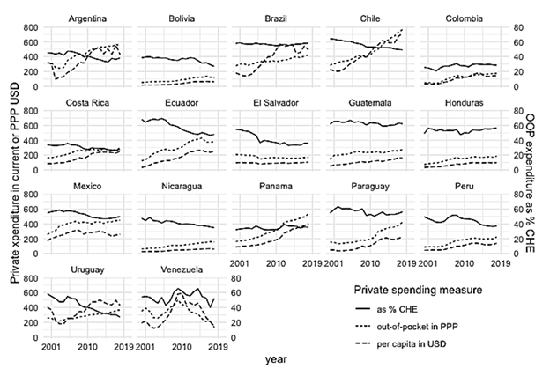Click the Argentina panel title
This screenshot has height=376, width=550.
[x=85, y=17]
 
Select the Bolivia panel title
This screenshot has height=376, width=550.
[x=180, y=17]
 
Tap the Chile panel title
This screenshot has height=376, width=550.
[x=368, y=17]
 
